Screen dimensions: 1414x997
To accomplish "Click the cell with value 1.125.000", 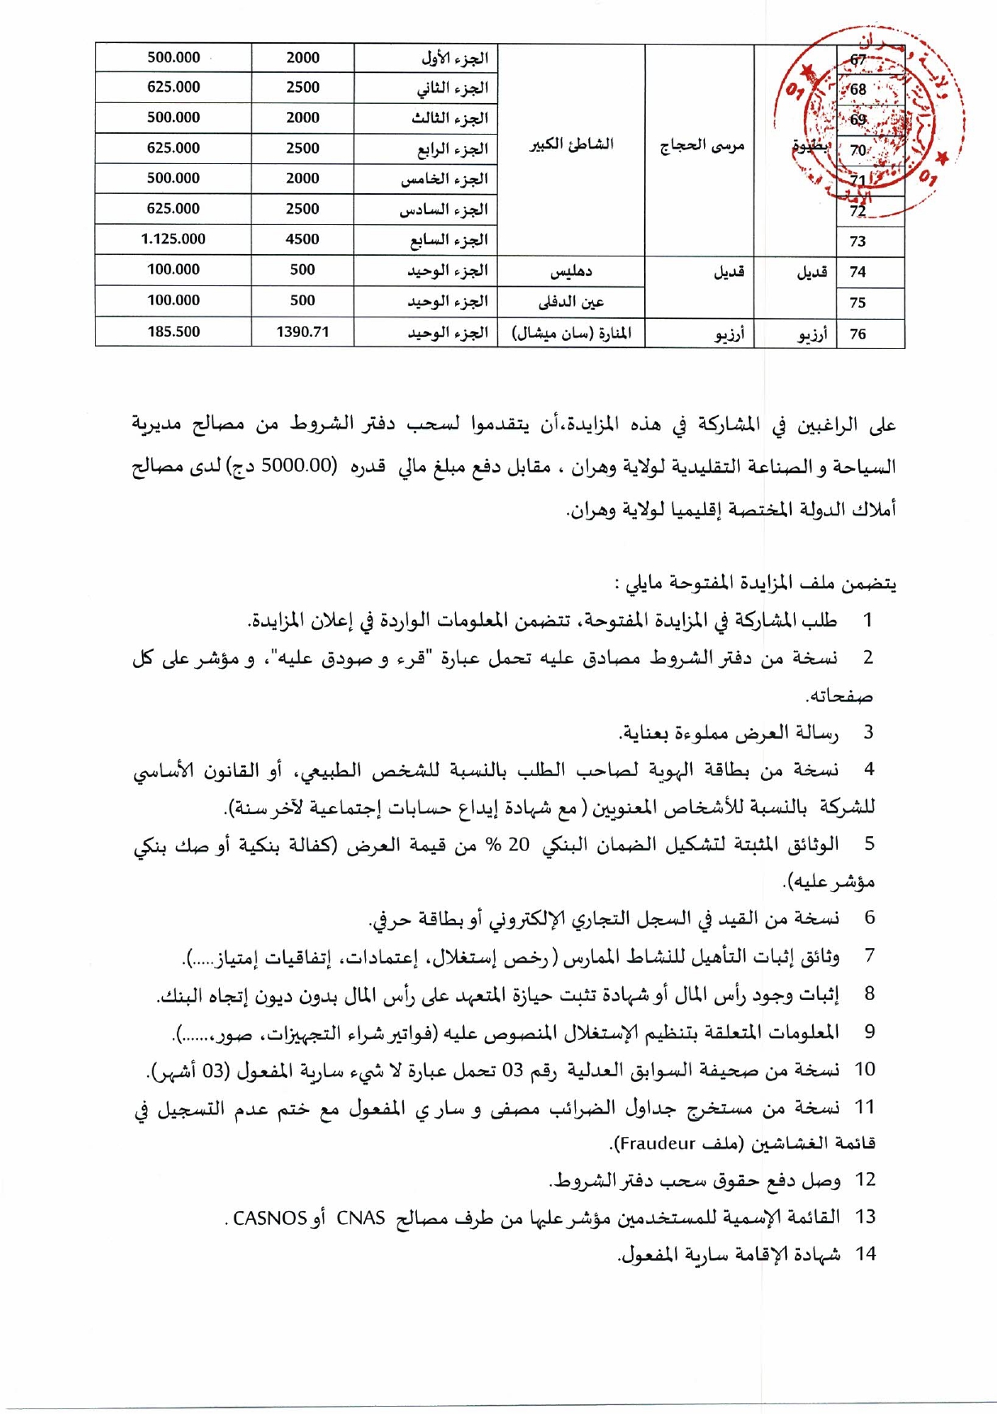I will tap(173, 239).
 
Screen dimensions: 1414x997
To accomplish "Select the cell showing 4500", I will tap(303, 239).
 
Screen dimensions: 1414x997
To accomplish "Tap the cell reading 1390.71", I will tap(303, 331).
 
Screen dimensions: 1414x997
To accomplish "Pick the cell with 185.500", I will tap(173, 331).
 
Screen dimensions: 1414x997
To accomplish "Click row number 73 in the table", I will tap(858, 241).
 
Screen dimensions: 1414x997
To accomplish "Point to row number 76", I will tap(858, 334).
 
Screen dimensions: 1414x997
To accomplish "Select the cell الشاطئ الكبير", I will tap(571, 145).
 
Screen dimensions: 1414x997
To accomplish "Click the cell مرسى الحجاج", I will tap(701, 147).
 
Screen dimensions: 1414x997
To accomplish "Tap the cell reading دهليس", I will tap(571, 271).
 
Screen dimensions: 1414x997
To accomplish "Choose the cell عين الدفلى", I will tap(571, 302).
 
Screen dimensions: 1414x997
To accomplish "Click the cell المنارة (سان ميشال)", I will tap(571, 333).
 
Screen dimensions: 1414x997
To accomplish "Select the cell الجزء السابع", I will tap(448, 239).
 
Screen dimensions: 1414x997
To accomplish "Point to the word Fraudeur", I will tap(656, 1144).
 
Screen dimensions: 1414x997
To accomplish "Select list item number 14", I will tap(866, 1254).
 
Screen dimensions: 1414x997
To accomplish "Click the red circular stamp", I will tap(872, 122).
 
